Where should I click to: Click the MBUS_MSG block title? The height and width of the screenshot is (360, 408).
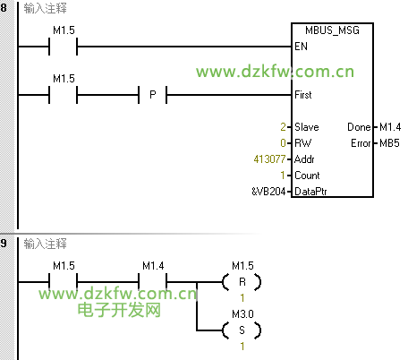(x=332, y=30)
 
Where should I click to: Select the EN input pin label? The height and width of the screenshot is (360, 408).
(x=301, y=47)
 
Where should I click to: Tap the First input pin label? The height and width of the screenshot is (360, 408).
(x=303, y=95)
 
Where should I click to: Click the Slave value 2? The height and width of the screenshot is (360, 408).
(x=283, y=127)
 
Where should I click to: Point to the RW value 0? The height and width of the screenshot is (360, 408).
(x=283, y=143)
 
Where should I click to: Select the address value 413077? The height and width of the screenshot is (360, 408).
(x=269, y=159)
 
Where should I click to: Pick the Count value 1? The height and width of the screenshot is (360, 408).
(x=283, y=176)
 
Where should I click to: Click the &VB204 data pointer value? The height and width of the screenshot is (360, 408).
(x=268, y=192)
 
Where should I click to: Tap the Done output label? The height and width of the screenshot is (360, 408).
(x=359, y=127)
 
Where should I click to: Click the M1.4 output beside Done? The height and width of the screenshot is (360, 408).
(x=390, y=127)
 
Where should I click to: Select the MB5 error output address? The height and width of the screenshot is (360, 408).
(x=389, y=143)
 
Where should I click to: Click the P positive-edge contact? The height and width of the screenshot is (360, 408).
(x=153, y=95)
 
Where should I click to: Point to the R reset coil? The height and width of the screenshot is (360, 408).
(x=242, y=282)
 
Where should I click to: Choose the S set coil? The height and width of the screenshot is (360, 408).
(x=242, y=330)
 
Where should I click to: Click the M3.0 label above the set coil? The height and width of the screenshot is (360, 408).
(x=242, y=314)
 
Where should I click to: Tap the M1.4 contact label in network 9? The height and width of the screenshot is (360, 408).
(x=153, y=266)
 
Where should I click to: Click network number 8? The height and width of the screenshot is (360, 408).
(x=4, y=8)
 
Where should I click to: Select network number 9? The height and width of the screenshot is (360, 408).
(x=4, y=244)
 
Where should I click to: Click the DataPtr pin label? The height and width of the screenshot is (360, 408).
(x=310, y=192)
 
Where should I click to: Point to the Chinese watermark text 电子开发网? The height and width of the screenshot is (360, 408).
(x=119, y=310)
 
